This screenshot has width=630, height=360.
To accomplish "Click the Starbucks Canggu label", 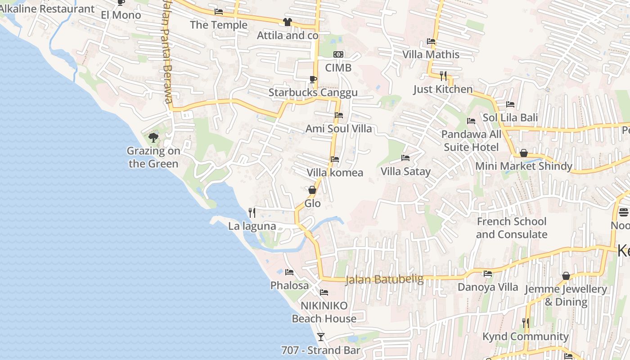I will pos(313,93).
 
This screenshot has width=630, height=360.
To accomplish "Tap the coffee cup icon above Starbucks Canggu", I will pos(313,80).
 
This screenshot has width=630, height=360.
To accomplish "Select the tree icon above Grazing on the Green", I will pos(153,137).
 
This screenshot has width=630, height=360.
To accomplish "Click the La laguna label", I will pos(252,226).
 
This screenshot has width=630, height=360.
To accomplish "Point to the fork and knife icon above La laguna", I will pos(252,212).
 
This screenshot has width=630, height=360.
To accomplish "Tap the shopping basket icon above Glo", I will pos(312,190).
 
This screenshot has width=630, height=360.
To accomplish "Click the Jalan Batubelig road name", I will pos(384,279).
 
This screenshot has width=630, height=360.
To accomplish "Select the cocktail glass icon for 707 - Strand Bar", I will pos(320,337).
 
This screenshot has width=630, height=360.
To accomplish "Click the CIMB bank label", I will pos(338,67).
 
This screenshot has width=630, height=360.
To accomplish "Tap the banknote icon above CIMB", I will pos(338,54).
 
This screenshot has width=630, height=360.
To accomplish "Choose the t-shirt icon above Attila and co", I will pos(288,22).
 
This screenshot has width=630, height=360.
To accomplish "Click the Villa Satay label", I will pos(405,171).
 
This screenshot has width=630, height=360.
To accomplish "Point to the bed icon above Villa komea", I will pos(334,159).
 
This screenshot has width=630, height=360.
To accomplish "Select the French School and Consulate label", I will pos(512,228).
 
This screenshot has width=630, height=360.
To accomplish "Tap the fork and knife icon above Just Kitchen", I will pos(443,76).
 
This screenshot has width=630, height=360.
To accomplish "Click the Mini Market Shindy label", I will pos(524,166).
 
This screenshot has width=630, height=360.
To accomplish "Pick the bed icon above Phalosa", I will pos(289,272).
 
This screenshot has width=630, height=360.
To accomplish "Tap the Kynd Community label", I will pos(525,336).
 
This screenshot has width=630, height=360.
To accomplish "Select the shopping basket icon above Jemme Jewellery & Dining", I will pos(566,276).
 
